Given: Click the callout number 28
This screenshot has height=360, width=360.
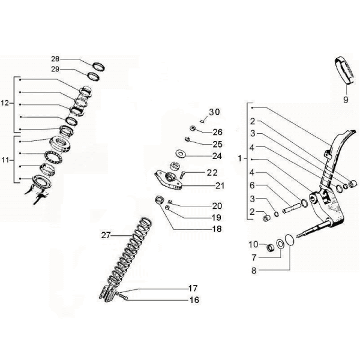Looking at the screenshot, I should click(x=55, y=59).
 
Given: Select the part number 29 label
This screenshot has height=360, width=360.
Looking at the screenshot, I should click(x=55, y=70).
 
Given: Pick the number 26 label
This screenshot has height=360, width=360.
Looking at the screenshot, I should click(x=217, y=132).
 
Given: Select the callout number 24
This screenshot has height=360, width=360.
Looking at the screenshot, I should click(x=217, y=156).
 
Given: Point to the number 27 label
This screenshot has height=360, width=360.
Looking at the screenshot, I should click(x=106, y=236).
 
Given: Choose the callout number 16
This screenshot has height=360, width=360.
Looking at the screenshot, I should click(x=194, y=300).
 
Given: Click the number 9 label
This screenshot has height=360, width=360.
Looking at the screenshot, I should click(x=346, y=99).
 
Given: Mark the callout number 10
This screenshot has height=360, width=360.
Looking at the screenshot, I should click(x=253, y=244).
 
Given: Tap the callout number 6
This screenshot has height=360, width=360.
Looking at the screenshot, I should click(x=253, y=185).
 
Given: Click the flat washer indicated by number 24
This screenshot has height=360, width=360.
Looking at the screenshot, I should click(x=180, y=152).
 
